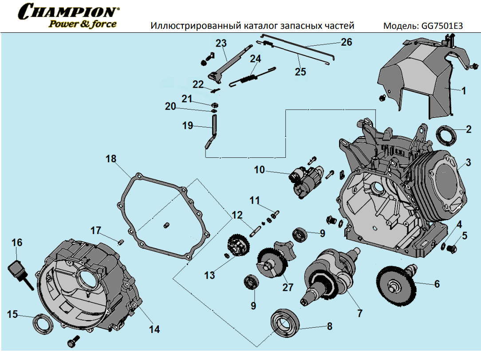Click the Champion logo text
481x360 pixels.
click(69, 11)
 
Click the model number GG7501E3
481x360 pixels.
click(439, 26)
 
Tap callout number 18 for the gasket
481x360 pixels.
click(110, 159)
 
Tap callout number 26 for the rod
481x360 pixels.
click(347, 42)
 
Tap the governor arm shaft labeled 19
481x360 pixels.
click(213, 129)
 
